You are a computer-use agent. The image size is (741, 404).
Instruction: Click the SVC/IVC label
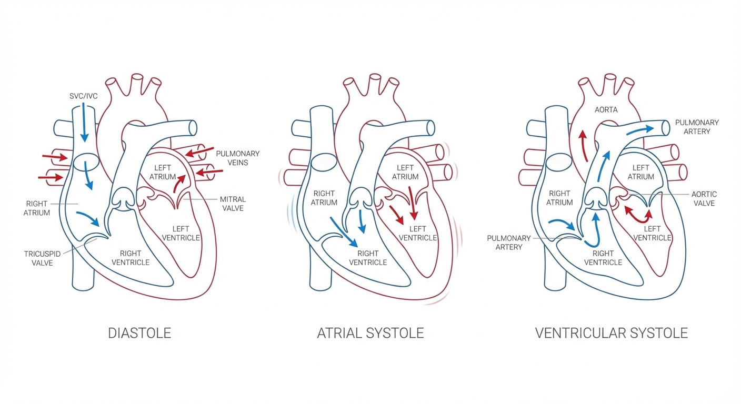(84, 96)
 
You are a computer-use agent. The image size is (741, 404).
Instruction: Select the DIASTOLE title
(139, 333)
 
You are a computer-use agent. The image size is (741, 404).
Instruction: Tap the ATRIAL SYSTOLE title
(370, 333)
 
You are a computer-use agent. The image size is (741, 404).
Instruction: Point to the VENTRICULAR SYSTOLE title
(611, 333)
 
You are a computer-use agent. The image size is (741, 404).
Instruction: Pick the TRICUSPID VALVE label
(38, 258)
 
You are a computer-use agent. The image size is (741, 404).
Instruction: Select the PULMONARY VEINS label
(238, 158)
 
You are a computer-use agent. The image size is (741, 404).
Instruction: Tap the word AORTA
(606, 110)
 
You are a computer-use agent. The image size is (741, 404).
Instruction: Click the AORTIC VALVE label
(704, 199)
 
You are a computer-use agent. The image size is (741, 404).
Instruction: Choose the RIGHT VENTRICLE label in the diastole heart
(134, 258)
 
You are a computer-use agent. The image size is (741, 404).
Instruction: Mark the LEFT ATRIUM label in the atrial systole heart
(405, 172)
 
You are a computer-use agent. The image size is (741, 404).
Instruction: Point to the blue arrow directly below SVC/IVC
(83, 128)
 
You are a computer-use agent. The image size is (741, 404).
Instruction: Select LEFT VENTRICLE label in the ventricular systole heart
(652, 233)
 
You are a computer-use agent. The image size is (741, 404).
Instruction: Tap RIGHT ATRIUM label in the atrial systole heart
(324, 198)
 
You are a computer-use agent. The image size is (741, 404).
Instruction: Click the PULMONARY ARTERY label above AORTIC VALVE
(697, 127)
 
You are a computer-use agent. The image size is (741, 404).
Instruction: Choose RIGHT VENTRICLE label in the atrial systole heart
(368, 258)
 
